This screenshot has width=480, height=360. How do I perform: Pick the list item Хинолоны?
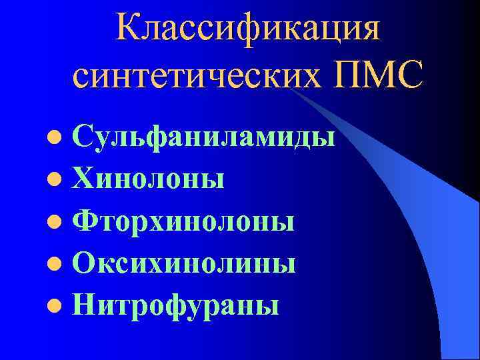[148, 179]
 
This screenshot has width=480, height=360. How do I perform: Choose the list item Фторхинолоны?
[183, 221]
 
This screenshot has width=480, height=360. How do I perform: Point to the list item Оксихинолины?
[184, 263]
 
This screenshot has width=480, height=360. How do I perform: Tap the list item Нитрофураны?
[176, 306]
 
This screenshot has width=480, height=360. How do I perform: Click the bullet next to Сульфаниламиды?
[60, 139]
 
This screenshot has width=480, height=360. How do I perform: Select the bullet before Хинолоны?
[60, 181]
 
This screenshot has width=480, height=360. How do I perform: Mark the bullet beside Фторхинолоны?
[60, 223]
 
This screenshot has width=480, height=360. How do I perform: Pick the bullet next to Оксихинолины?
[60, 265]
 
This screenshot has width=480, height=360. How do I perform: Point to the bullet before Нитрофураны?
[60, 307]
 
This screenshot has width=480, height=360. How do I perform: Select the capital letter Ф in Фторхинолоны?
[85, 221]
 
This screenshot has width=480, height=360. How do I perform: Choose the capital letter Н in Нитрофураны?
[85, 305]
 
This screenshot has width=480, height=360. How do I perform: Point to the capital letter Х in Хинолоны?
[85, 179]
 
